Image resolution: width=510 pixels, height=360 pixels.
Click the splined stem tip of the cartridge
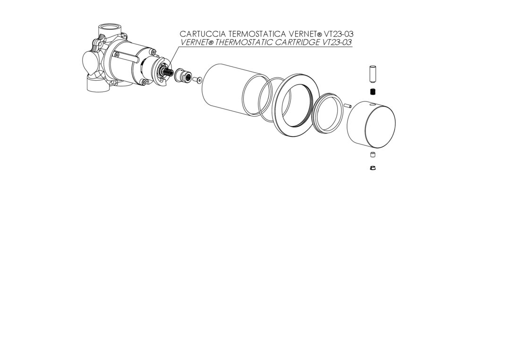168,72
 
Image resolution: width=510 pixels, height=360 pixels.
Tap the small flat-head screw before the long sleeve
198,80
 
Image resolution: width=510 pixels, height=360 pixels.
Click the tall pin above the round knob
373,75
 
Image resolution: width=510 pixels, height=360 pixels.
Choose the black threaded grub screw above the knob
373,92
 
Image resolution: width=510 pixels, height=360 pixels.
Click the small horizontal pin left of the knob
347,106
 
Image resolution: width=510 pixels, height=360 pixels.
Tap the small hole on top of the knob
373,105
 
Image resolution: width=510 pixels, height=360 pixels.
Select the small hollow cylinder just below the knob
373,155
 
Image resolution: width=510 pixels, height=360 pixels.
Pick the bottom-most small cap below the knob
373,168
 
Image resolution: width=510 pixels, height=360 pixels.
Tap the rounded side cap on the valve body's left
89,63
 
